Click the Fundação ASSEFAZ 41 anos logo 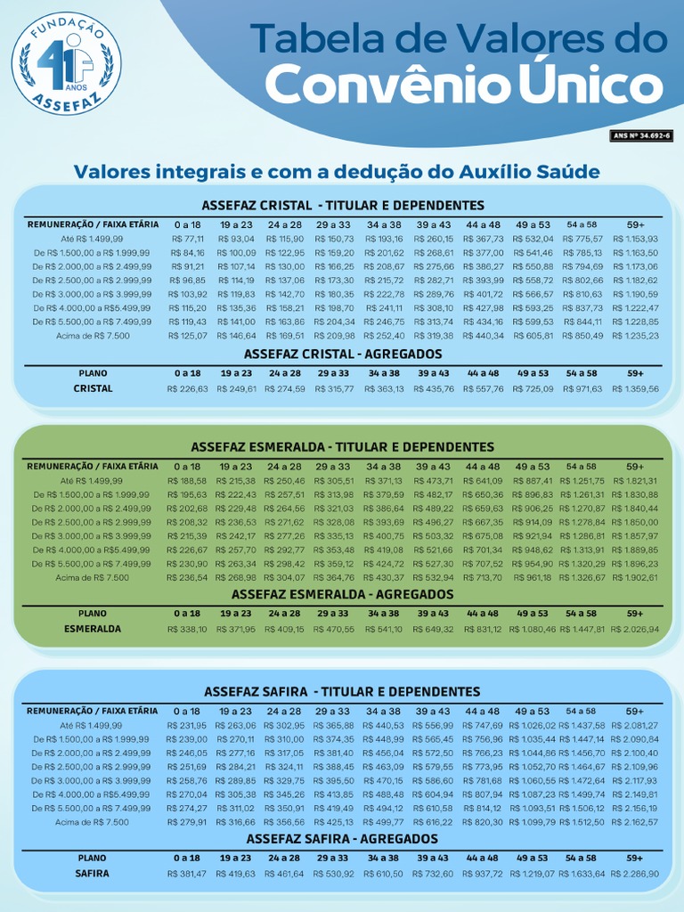coord(67,63)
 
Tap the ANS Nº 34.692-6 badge coord(641,135)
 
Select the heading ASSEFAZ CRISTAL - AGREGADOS coord(343,354)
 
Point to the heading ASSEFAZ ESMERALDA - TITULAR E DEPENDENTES coord(343,446)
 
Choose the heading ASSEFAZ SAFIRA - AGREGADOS coord(343,839)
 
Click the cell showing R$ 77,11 coord(187,239)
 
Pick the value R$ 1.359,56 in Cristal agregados coord(636,389)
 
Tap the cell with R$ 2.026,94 coord(636,630)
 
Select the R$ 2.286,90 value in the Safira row coord(636,874)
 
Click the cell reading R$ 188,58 coord(187,481)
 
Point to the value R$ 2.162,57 coord(636,822)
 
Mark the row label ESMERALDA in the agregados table coord(93,629)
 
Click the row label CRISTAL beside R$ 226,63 coord(93,388)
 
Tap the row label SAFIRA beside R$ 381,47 coord(93,874)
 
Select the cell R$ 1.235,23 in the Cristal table coord(636,336)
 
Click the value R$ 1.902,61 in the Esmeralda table coord(636,578)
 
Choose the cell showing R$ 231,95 coord(187,726)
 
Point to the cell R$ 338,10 coord(187,630)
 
